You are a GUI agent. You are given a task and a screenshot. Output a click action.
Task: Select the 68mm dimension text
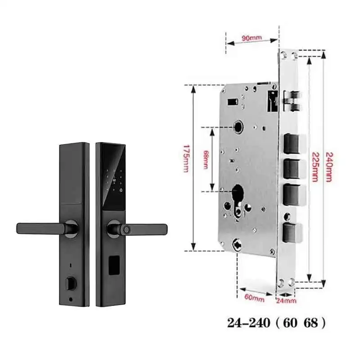click(x=206, y=159)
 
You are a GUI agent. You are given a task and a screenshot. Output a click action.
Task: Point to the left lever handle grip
click(x=38, y=228)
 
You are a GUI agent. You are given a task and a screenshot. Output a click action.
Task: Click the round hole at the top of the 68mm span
click(x=237, y=128)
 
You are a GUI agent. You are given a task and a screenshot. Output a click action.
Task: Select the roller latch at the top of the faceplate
click(x=292, y=101)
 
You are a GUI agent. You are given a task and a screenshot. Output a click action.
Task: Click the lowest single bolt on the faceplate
click(x=292, y=233)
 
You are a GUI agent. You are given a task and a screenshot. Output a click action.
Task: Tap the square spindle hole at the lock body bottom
click(x=235, y=245)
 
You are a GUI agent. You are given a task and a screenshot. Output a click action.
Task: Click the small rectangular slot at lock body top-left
click(x=233, y=102)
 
